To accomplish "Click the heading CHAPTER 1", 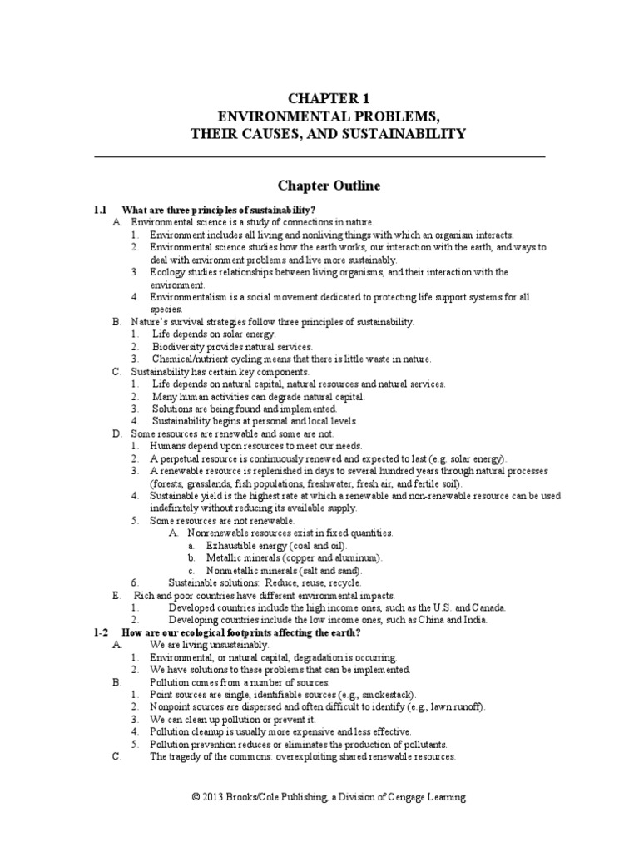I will [319, 98].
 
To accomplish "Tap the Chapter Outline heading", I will [319, 186].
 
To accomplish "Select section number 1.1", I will [102, 208].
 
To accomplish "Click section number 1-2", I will [102, 633].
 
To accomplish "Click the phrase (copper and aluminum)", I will [333, 558].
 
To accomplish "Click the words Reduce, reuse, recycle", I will [321, 583].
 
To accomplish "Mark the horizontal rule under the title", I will [319, 157].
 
